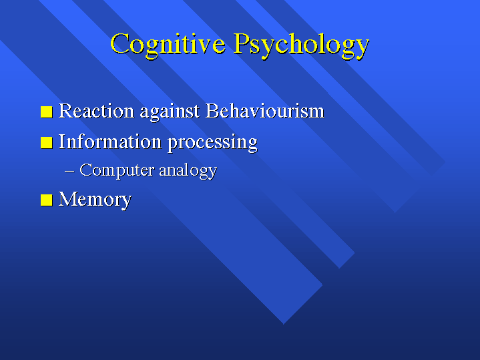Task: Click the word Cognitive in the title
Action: click(x=168, y=45)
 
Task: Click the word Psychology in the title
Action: click(x=302, y=45)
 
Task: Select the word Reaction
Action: click(x=96, y=111)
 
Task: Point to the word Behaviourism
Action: click(x=265, y=111)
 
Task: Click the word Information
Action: click(x=110, y=142)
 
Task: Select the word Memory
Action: click(x=95, y=200)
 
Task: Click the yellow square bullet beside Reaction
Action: click(x=47, y=112)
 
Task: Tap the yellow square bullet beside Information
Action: click(x=47, y=142)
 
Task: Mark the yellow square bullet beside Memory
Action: click(x=47, y=200)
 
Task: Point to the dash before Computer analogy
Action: click(x=70, y=172)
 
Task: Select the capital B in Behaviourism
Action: click(x=212, y=111)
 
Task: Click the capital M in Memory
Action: click(x=67, y=199)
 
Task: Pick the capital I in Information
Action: click(x=62, y=142)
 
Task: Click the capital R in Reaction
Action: click(x=65, y=111)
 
